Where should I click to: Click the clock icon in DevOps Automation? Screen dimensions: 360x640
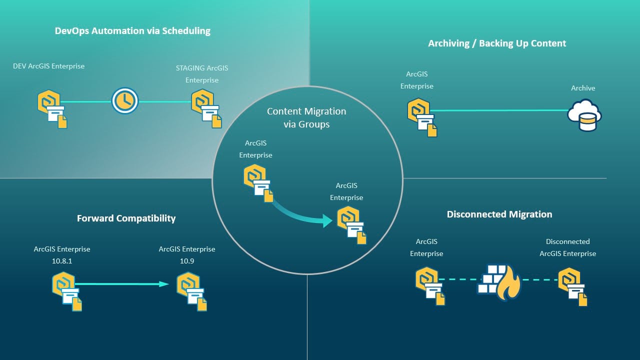tap(124, 101)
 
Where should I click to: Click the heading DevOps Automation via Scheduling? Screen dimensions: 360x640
tap(132, 31)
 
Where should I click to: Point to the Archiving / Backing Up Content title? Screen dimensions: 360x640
tap(497, 43)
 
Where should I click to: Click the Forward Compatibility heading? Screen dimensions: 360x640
tap(126, 218)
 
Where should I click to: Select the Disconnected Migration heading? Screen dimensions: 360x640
tap(499, 214)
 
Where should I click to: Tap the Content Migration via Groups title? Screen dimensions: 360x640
tap(306, 117)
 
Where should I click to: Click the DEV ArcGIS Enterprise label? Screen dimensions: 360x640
tap(49, 66)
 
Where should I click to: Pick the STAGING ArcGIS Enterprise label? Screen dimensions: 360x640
tap(202, 73)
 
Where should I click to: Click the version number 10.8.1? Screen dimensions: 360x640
tap(62, 261)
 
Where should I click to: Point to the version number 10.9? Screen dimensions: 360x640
tap(187, 261)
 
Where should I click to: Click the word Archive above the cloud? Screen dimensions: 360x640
tap(583, 88)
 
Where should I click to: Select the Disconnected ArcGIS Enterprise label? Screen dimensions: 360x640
tap(567, 247)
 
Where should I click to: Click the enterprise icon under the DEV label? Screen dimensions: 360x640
tap(52, 109)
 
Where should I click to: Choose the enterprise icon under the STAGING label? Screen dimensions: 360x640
tap(206, 109)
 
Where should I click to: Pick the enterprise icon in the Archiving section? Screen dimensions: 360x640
tap(421, 117)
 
